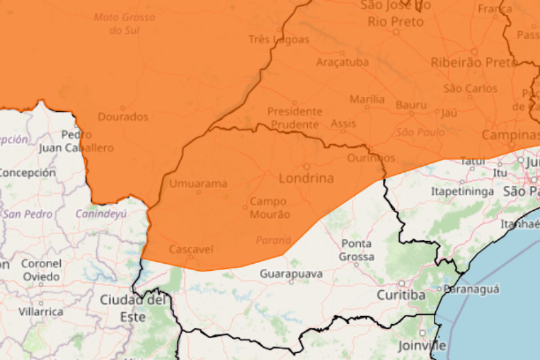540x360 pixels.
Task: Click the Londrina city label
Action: pyautogui.click(x=307, y=178)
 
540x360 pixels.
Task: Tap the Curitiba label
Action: pyautogui.click(x=402, y=295)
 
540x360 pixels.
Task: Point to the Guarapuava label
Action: pyautogui.click(x=291, y=274)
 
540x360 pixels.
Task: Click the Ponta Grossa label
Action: pyautogui.click(x=357, y=250)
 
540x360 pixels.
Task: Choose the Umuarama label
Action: pyautogui.click(x=198, y=184)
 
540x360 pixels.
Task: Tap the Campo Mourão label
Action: pyautogui.click(x=270, y=207)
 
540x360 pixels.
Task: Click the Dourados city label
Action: pyautogui.click(x=123, y=117)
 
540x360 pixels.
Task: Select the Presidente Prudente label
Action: pyautogui.click(x=294, y=118)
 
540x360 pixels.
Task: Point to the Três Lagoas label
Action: pyautogui.click(x=279, y=39)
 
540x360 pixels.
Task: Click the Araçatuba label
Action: pyautogui.click(x=342, y=62)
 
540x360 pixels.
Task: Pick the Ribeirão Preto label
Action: pyautogui.click(x=473, y=62)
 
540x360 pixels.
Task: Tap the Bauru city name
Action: pyautogui.click(x=411, y=105)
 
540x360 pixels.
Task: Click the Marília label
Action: pyautogui.click(x=367, y=100)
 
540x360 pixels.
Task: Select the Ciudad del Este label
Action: pyautogui.click(x=133, y=308)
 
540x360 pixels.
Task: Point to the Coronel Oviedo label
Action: pyautogui.click(x=41, y=270)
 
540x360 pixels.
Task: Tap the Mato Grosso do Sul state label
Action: pyautogui.click(x=124, y=23)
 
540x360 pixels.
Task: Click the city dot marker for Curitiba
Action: pyautogui.click(x=402, y=284)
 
